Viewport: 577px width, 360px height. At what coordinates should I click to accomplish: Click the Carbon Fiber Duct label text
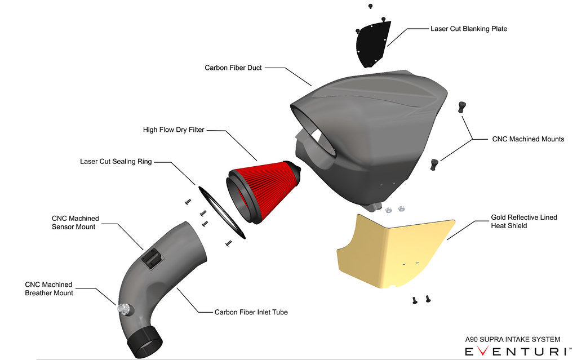tap(233, 68)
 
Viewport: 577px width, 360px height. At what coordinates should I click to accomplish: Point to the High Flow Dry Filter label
tap(174, 130)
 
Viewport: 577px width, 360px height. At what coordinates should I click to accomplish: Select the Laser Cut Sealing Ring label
tap(116, 162)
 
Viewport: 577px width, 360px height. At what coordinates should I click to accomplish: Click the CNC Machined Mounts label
tap(527, 139)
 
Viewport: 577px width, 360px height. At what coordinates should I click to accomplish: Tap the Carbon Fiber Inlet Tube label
tap(251, 312)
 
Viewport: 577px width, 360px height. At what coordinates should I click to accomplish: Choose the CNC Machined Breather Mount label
tap(49, 288)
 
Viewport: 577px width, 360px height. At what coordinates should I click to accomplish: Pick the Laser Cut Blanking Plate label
tap(468, 29)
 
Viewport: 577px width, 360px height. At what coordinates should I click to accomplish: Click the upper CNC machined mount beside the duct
tap(461, 106)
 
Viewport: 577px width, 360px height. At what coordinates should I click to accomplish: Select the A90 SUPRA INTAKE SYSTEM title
tap(512, 340)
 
